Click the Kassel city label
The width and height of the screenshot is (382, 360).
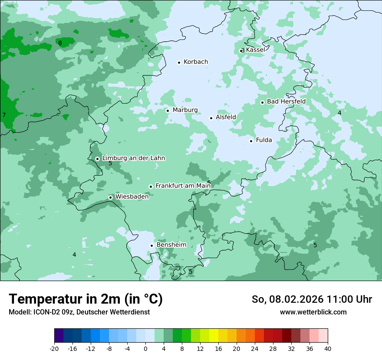tap(255, 50)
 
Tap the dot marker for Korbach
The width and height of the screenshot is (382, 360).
tap(179, 62)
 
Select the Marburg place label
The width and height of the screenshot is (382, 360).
tap(185, 110)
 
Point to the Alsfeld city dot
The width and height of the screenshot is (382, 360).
tap(211, 118)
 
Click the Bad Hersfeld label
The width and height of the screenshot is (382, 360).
tap(286, 101)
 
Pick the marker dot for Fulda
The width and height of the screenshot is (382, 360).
tap(251, 141)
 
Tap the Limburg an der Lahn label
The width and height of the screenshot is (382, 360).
tap(133, 158)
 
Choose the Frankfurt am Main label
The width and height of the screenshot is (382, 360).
tap(183, 186)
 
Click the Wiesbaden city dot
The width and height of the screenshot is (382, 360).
tap(111, 197)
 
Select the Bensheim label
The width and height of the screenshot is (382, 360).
tap(171, 245)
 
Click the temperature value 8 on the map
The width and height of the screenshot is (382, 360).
tap(60, 43)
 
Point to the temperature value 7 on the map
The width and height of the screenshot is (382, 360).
tap(4, 115)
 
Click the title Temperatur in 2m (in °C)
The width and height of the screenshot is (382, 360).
tap(86, 299)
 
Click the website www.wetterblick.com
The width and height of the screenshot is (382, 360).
tap(313, 312)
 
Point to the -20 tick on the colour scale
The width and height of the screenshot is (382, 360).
tap(54, 348)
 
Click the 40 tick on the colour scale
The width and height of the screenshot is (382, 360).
tap(328, 348)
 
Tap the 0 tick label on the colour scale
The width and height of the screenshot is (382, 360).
tap(145, 348)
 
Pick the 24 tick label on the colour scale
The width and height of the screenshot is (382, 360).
tap(255, 348)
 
